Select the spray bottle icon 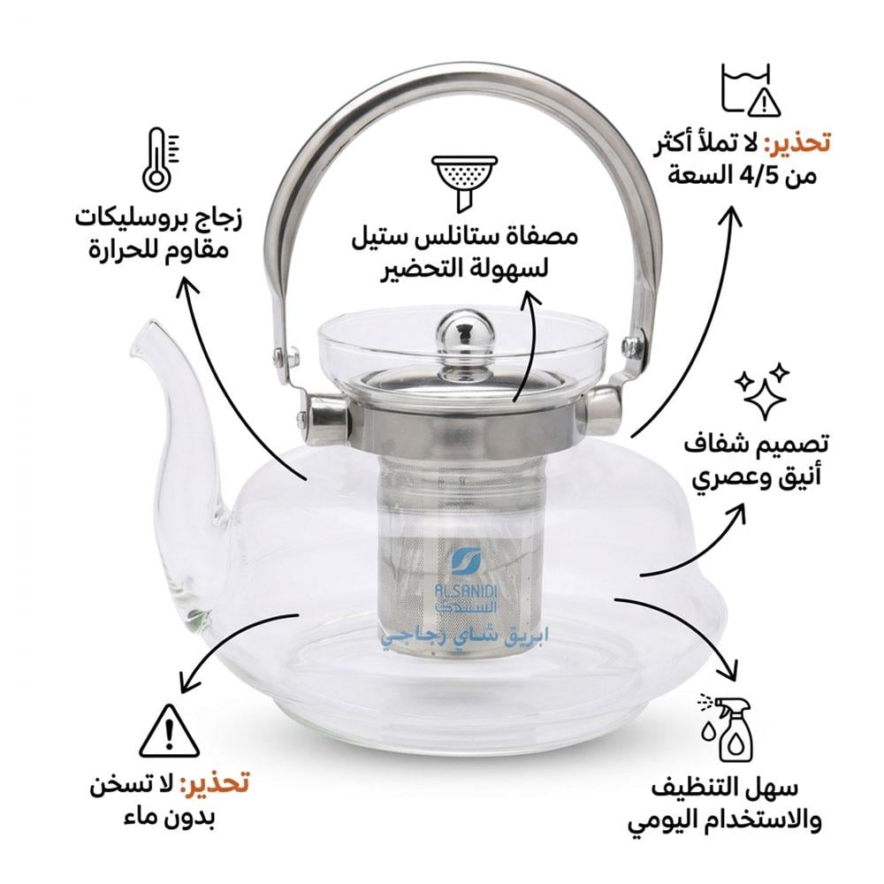[728, 728]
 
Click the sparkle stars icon [762, 390]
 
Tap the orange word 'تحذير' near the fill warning [797, 141]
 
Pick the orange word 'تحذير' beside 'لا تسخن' [215, 782]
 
